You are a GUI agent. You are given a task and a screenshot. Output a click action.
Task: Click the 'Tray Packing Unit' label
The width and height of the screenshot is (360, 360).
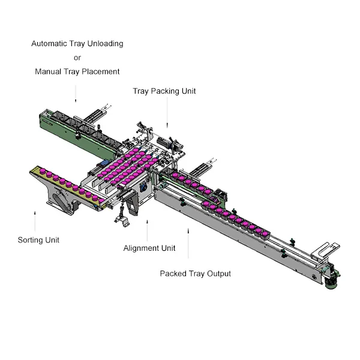tap(164, 91)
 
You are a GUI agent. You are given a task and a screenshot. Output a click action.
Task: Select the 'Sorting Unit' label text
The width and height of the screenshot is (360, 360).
tap(38, 240)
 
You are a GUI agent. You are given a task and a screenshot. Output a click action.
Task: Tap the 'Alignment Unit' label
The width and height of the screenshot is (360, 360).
tap(149, 248)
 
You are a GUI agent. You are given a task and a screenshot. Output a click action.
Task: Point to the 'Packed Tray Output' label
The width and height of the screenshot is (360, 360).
tap(196, 274)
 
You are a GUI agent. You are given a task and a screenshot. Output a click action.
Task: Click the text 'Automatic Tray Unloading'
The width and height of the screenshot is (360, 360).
tap(77, 44)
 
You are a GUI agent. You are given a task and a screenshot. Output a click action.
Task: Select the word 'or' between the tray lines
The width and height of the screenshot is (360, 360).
tap(77, 58)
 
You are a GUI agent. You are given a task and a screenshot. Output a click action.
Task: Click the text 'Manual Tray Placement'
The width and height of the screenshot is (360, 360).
tap(77, 71)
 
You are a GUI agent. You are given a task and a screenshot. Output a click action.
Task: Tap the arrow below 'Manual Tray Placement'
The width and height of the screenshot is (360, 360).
tap(76, 94)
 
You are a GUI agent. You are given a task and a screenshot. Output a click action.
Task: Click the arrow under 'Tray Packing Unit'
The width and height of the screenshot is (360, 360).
tap(167, 113)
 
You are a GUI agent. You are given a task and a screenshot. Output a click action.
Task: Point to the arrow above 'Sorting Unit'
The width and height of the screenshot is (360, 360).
tap(35, 221)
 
